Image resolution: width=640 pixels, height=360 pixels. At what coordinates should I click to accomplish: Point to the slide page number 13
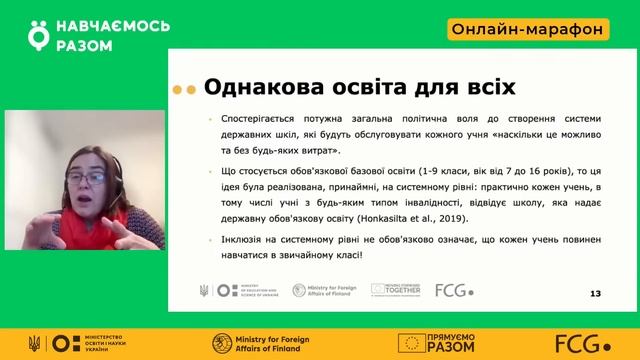tap(596, 293)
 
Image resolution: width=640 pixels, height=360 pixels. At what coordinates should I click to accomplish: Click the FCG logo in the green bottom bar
tap(589, 342)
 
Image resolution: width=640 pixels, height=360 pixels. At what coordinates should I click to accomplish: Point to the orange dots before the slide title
tap(180, 89)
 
